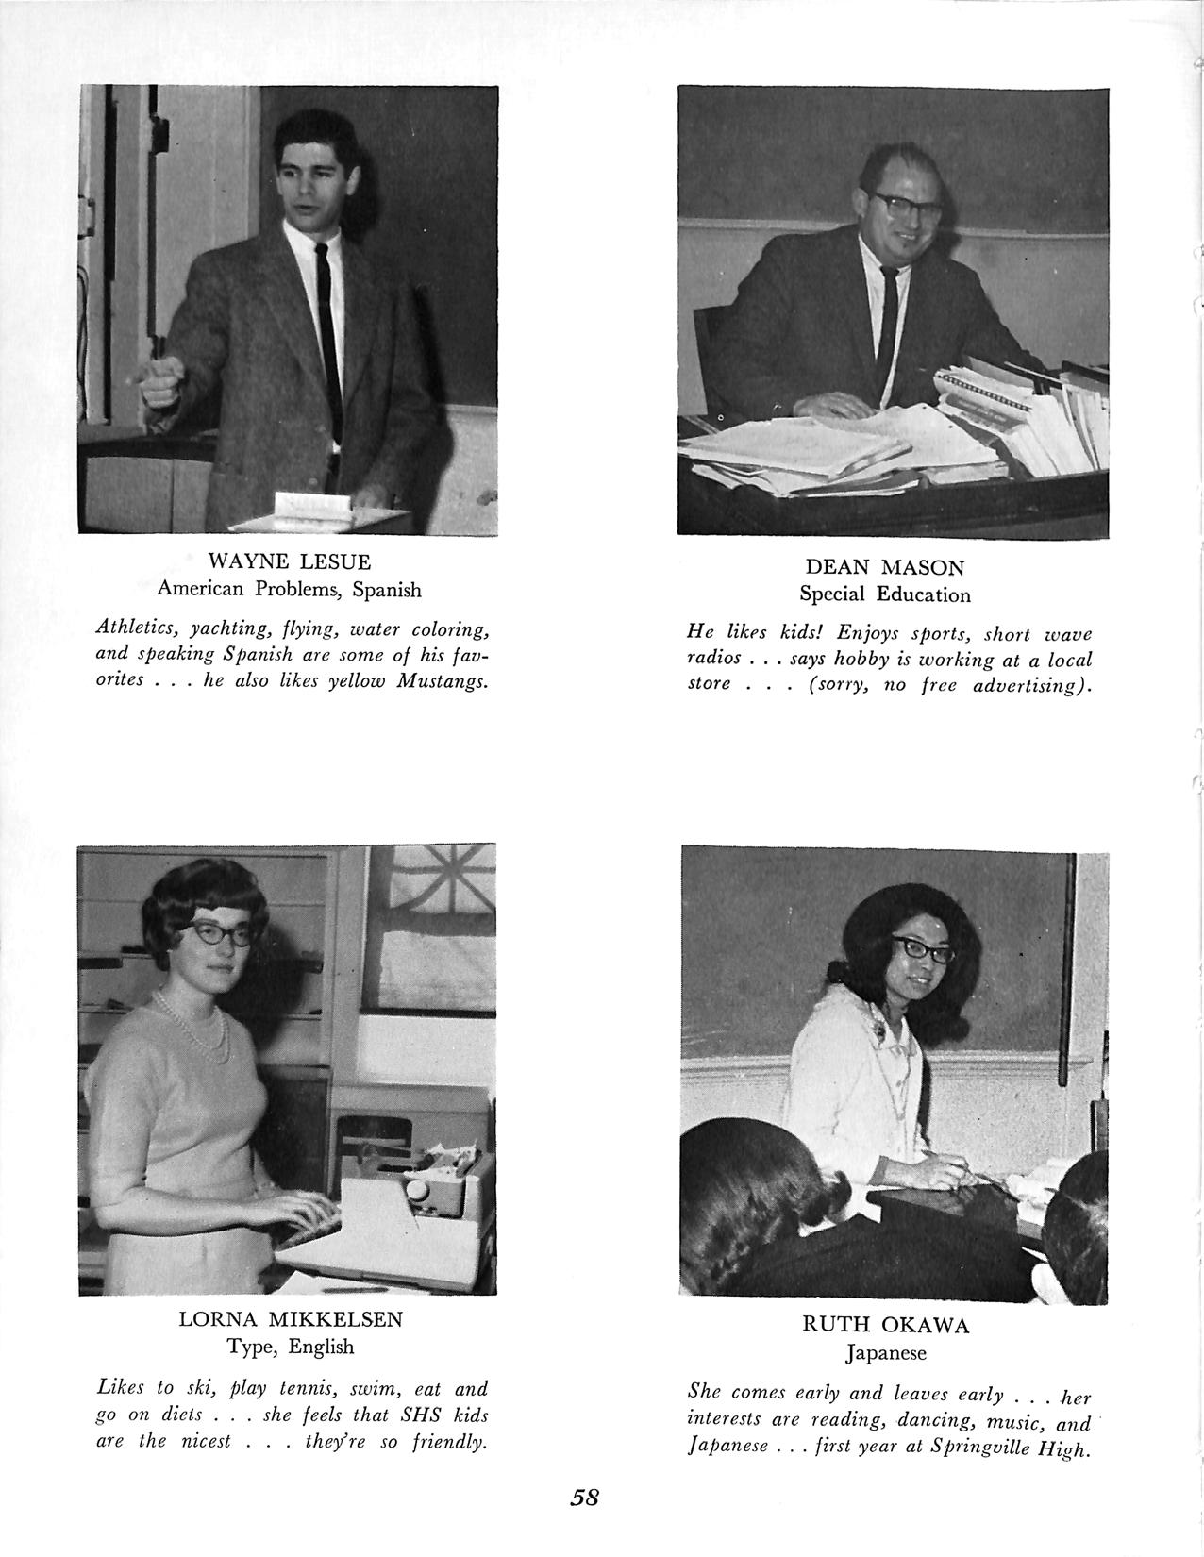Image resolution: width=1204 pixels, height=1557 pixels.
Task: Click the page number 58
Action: pos(585,1498)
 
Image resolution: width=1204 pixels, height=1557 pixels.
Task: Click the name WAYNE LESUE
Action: pos(289,562)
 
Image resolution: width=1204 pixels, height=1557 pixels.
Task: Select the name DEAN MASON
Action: pos(884,568)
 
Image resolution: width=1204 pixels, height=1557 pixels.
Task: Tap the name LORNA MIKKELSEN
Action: pos(290,1319)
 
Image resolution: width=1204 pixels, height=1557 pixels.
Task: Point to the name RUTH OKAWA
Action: pos(885,1326)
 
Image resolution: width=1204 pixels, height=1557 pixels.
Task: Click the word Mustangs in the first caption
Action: pos(442,680)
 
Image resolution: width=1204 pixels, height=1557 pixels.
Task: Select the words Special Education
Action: pos(884,595)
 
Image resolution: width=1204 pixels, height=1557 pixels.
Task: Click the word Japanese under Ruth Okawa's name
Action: pos(885,1353)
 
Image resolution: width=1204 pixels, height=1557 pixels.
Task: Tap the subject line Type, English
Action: pos(290,1347)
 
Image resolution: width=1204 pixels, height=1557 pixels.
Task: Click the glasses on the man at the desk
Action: pos(911,203)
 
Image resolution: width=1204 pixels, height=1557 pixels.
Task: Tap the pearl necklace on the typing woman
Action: pos(200,1025)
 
